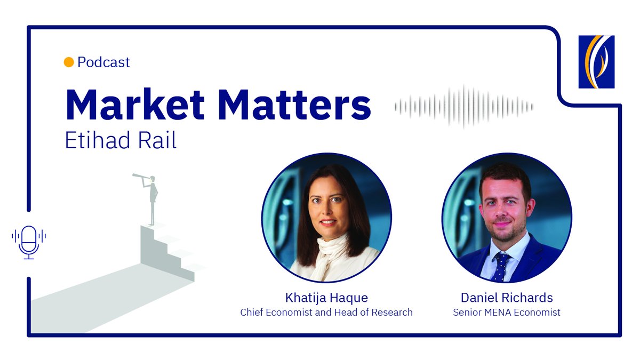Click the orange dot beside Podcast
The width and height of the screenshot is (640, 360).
68,62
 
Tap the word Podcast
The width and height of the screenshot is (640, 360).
103,62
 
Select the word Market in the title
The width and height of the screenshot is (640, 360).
135,105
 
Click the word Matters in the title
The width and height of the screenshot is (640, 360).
294,105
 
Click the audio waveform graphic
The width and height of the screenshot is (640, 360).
463,107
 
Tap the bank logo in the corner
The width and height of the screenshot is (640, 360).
596,61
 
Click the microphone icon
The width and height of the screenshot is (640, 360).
29,242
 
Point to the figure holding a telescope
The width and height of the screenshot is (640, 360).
153,197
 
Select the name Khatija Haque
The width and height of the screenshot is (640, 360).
326,297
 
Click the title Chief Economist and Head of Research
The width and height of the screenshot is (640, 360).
326,312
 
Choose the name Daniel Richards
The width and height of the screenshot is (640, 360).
506,297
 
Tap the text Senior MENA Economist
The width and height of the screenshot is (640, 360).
506,312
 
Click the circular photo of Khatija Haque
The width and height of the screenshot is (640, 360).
326,218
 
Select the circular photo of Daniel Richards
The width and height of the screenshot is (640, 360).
507,218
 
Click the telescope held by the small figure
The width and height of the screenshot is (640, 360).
141,175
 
